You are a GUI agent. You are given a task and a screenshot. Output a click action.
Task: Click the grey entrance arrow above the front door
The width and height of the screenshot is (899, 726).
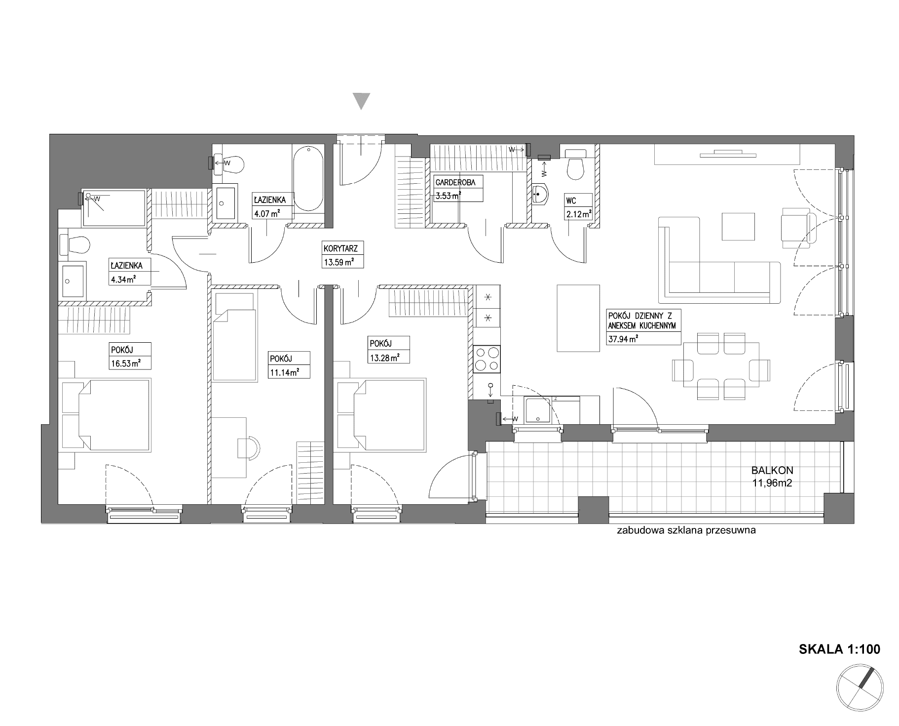click(363, 101)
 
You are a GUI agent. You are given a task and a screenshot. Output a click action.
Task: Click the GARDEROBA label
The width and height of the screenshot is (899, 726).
click(455, 182)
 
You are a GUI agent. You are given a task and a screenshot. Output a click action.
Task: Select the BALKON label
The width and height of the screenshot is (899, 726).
click(772, 471)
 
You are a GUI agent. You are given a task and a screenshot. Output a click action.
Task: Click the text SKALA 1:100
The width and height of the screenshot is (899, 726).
click(839, 649)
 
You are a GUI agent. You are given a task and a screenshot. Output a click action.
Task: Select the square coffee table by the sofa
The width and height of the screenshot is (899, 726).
click(738, 227)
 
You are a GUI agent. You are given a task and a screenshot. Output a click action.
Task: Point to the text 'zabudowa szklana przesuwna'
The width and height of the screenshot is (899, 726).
click(686, 531)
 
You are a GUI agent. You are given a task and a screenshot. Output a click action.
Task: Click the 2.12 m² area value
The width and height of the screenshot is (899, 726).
click(578, 214)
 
